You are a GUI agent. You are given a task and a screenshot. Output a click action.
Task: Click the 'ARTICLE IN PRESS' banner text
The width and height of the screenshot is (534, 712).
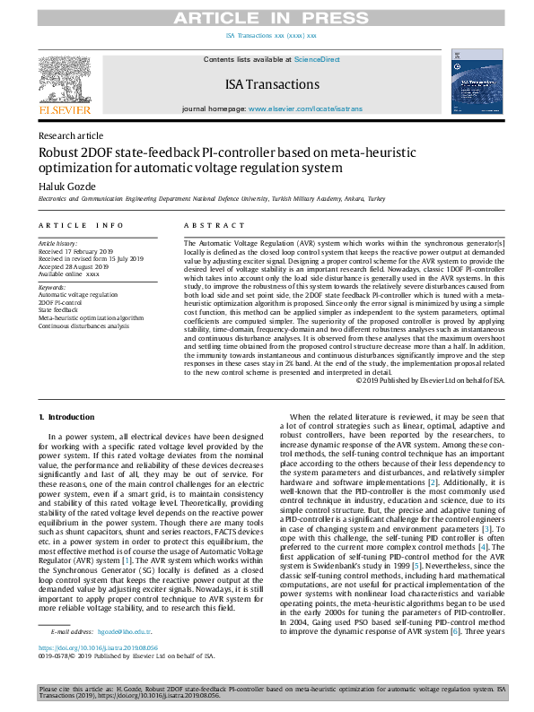pos(267,18)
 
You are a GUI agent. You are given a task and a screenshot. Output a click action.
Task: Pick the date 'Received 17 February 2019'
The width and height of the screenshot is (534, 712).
pos(79,251)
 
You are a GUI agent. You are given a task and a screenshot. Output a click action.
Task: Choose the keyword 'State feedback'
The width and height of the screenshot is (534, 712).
pos(58,309)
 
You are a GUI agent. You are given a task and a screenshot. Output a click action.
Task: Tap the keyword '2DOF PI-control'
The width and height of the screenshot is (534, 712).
pos(61,302)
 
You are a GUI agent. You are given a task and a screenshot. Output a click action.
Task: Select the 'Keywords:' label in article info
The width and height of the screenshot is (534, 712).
pos(52,287)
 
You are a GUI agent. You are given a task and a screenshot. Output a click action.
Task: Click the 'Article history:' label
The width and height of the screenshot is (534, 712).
pos(57,244)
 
